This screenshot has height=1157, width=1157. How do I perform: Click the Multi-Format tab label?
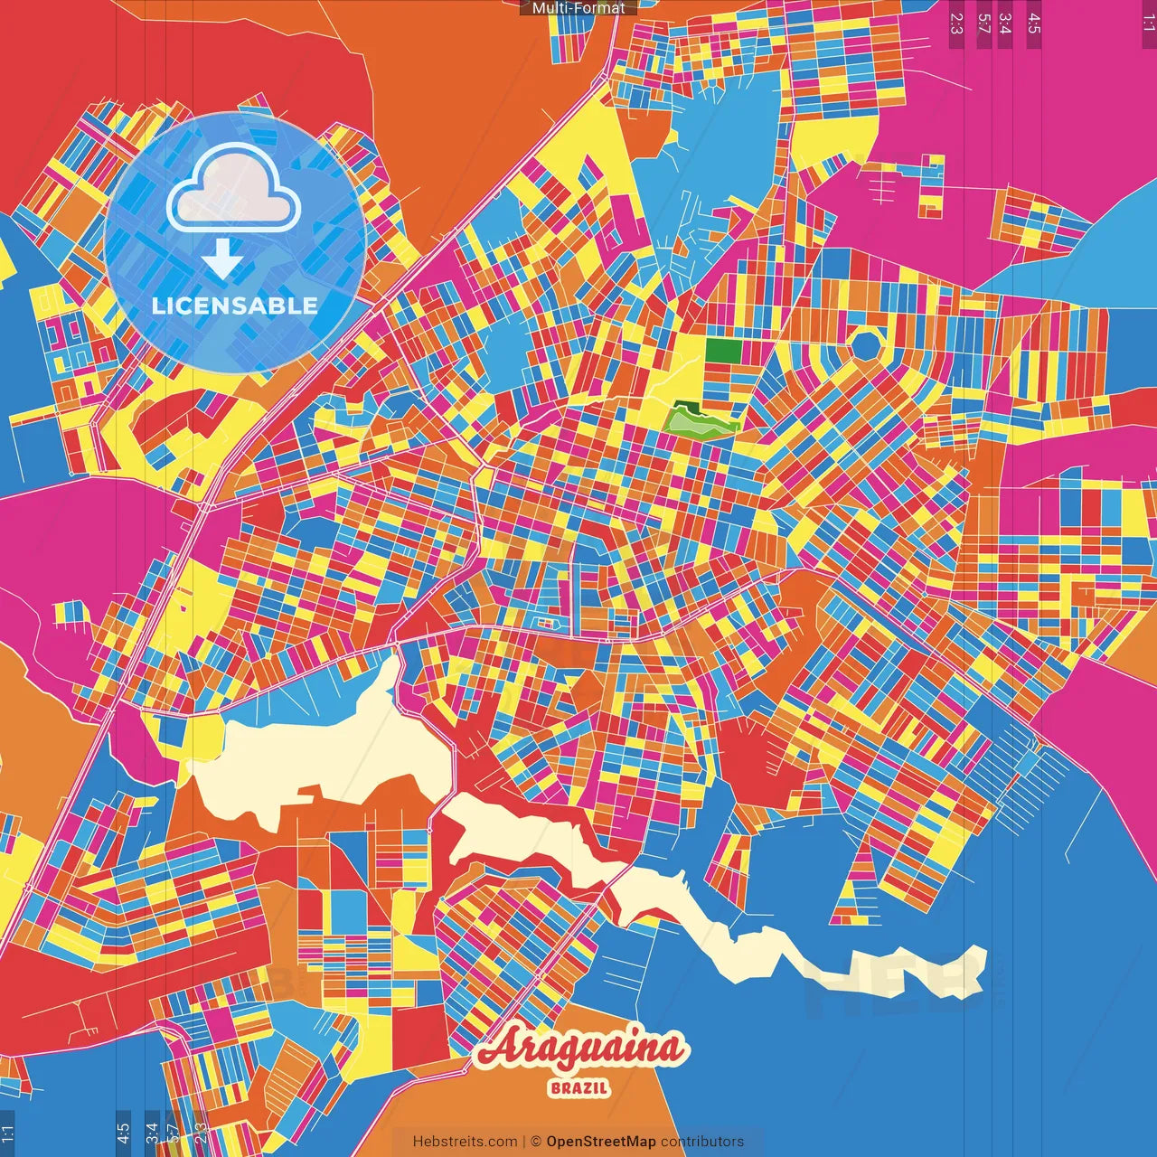578,8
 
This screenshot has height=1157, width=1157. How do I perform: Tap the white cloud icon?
233,189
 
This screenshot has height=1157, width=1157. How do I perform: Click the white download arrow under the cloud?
222,259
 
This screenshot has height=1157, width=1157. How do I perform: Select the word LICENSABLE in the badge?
235,306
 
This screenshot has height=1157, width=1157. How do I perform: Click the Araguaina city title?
580,1049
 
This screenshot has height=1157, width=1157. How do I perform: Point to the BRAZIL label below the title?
579,1088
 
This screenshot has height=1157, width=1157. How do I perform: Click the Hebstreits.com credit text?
465,1142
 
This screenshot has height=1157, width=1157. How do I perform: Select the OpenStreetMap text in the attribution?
601,1142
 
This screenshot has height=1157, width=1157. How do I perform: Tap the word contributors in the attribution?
702,1142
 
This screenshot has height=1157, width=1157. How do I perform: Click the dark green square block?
723,351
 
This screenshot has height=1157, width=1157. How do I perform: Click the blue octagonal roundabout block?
867,344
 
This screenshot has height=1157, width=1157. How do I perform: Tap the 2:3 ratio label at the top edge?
956,23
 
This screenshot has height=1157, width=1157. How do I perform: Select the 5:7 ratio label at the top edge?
983,23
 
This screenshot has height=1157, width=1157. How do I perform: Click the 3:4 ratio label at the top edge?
1005,23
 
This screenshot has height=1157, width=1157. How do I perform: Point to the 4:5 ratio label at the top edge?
1034,23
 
